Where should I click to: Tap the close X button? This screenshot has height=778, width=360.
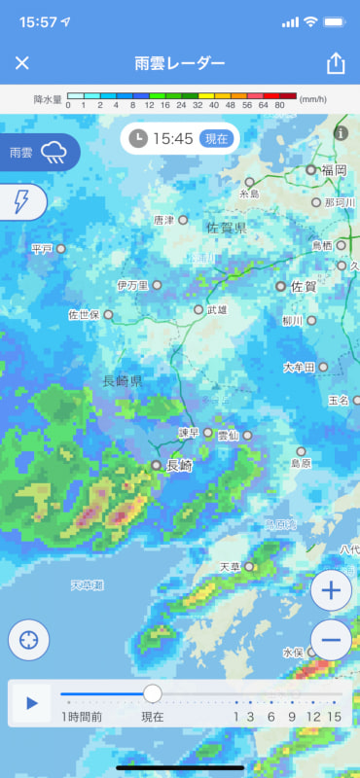(x=22, y=63)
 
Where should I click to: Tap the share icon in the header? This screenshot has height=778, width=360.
(x=336, y=63)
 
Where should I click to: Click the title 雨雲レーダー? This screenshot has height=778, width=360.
(x=180, y=64)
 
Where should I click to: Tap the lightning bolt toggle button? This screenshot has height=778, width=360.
(x=21, y=201)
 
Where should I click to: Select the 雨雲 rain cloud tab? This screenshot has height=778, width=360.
(x=39, y=152)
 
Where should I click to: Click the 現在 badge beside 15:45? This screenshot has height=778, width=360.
(x=214, y=139)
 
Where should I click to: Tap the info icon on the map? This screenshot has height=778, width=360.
(x=341, y=133)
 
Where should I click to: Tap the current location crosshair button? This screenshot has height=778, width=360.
(x=29, y=640)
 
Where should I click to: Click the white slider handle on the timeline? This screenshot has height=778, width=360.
(x=153, y=693)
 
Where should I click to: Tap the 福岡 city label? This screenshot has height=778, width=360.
(x=333, y=169)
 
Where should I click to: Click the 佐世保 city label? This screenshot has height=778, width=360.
(x=84, y=315)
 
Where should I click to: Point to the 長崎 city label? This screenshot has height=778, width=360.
(x=180, y=466)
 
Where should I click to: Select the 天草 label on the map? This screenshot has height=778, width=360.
(x=230, y=566)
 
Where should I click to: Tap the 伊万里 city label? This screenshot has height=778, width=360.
(x=132, y=285)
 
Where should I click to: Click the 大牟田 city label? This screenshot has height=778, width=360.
(x=299, y=368)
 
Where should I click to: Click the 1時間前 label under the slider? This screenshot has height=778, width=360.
(x=82, y=717)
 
